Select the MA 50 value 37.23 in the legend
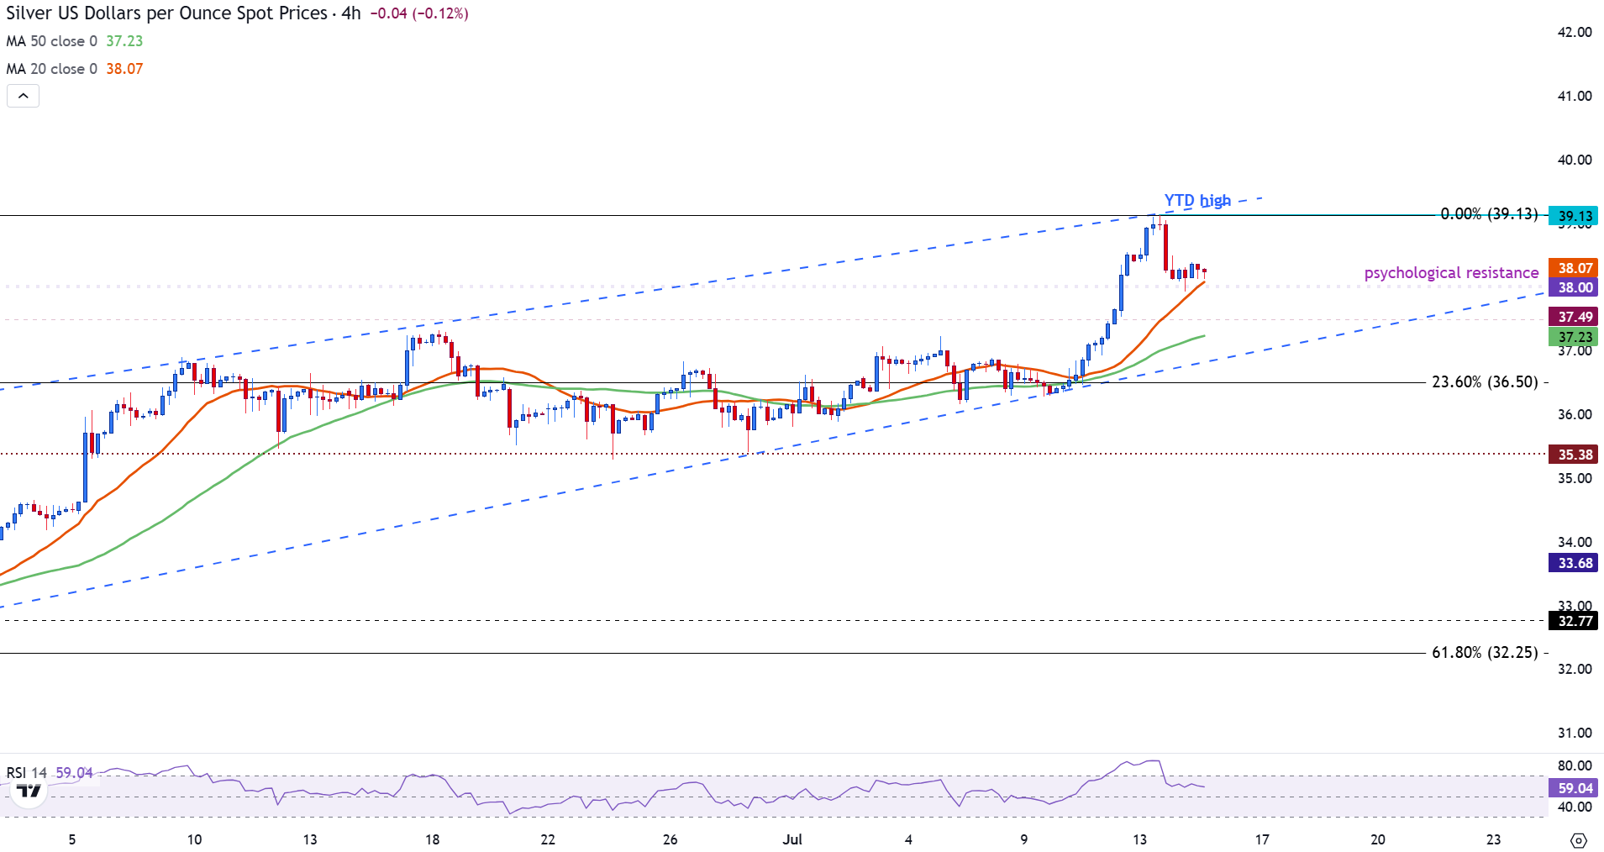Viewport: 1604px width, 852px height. click(x=124, y=41)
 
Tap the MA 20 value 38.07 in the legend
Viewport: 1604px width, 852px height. click(x=124, y=69)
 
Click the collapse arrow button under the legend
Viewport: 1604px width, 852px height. click(x=24, y=96)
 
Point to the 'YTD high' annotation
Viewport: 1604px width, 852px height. click(x=1197, y=201)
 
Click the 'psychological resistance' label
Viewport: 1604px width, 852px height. click(x=1451, y=273)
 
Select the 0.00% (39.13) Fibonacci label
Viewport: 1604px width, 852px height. click(x=1489, y=214)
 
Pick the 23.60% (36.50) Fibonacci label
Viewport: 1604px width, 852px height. click(x=1485, y=382)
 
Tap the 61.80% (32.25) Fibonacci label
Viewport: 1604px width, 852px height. click(x=1485, y=653)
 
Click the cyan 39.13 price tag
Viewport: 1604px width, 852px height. click(x=1575, y=216)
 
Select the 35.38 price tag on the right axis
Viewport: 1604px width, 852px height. click(x=1575, y=455)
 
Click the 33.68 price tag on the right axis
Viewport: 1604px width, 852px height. click(x=1575, y=563)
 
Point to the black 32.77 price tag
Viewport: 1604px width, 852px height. click(x=1575, y=622)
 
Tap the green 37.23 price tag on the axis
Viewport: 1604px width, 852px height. click(x=1575, y=337)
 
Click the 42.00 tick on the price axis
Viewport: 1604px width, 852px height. click(x=1575, y=32)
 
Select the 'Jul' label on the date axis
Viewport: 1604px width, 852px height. click(x=792, y=839)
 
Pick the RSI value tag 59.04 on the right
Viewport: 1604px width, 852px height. click(x=1575, y=788)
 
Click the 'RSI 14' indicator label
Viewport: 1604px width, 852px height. click(x=27, y=772)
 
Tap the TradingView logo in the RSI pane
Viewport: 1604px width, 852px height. click(x=29, y=792)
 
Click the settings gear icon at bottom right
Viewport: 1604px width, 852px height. click(x=1578, y=840)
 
